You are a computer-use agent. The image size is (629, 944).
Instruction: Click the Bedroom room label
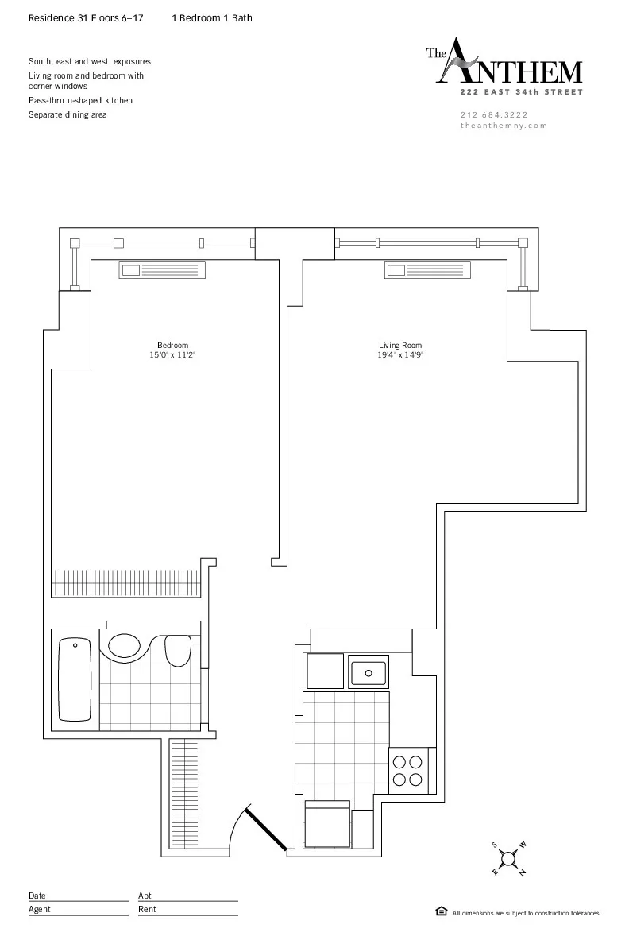(172, 345)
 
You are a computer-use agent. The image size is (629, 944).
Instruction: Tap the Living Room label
(400, 345)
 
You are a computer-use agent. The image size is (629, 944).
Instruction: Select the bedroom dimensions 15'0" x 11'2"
(172, 355)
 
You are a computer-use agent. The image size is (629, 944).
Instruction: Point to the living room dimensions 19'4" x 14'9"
(400, 355)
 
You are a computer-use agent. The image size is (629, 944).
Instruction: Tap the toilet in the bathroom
(179, 650)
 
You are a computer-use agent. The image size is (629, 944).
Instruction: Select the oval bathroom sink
(124, 645)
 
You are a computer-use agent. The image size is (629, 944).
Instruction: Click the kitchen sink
(369, 672)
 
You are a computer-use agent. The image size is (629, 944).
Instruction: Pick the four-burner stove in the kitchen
(408, 770)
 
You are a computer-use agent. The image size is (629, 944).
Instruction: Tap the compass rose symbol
(509, 859)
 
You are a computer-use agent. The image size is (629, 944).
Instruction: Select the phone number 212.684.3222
(493, 114)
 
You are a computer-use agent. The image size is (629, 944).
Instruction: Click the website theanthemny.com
(504, 126)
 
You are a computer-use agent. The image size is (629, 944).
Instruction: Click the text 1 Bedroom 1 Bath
(212, 18)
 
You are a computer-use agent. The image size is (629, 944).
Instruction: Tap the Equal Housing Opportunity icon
(441, 911)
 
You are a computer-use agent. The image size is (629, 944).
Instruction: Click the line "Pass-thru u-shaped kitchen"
(80, 101)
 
